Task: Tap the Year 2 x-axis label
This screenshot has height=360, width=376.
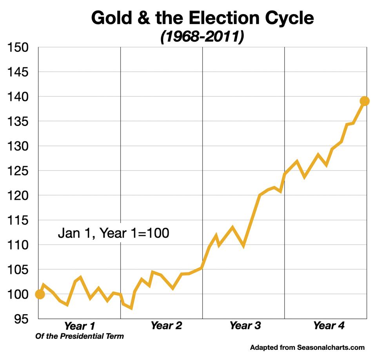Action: click(166, 325)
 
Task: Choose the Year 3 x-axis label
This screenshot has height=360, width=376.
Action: click(245, 325)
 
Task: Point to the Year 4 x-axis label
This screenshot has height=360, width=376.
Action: click(329, 325)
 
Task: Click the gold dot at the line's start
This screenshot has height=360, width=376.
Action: click(40, 294)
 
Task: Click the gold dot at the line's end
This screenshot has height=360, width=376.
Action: click(365, 101)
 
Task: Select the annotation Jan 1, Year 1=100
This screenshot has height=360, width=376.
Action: click(113, 233)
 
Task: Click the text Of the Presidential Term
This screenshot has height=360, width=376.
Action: click(79, 336)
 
